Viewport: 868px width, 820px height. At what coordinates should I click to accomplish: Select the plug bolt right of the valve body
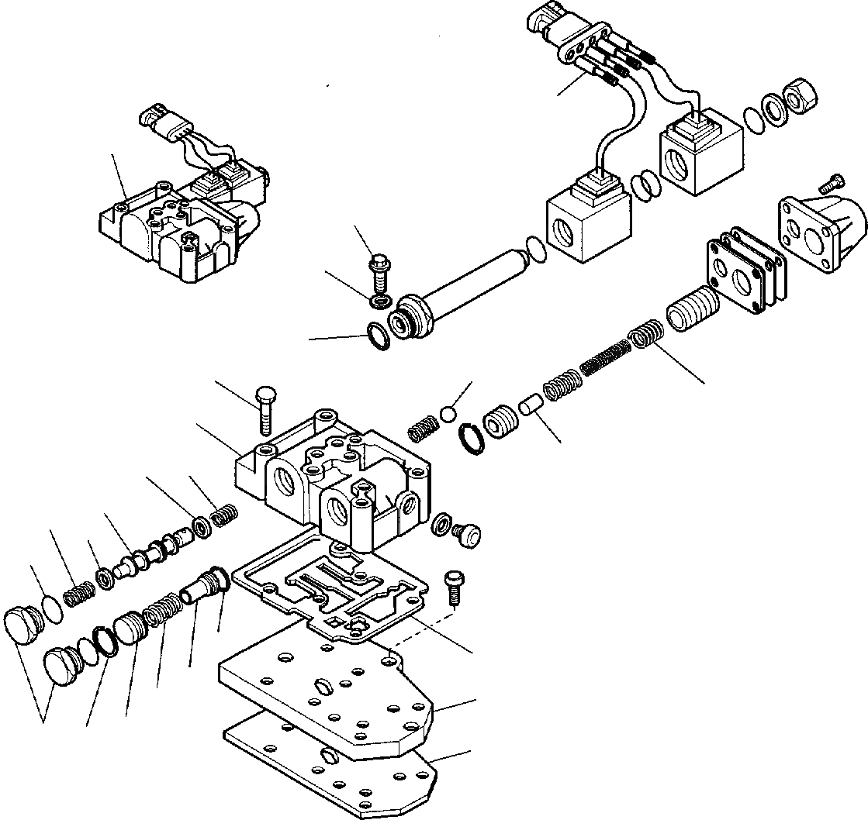(467, 534)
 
